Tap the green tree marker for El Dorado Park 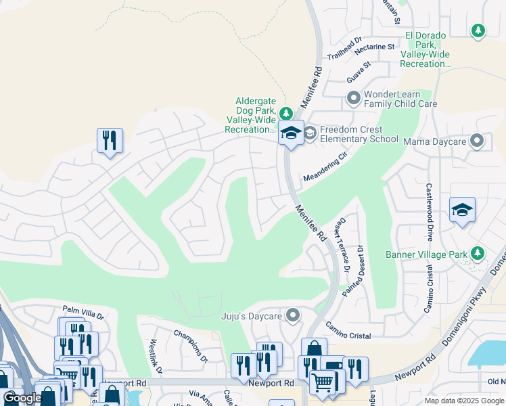(x=478, y=30)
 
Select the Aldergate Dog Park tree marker (x=286, y=113)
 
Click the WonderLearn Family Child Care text (x=400, y=99)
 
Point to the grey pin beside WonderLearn (x=353, y=99)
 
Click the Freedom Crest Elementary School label (x=359, y=134)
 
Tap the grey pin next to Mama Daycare (x=477, y=141)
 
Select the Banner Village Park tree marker (x=478, y=253)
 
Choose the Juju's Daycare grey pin (x=293, y=315)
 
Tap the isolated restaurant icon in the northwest (x=110, y=141)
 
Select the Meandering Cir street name (x=325, y=166)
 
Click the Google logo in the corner (x=22, y=397)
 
